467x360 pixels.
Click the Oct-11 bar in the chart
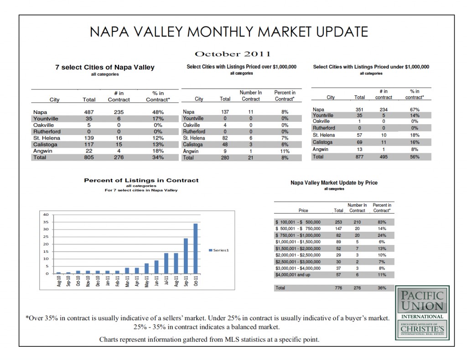coord(196,249)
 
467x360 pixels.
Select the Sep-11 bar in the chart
coord(186,256)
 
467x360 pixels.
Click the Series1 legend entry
coord(220,250)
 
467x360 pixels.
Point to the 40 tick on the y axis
coord(45,214)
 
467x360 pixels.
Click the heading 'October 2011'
coord(233,55)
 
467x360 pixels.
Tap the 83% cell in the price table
coord(382,222)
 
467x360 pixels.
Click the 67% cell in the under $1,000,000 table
coord(415,110)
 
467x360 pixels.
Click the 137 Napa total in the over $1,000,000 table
coord(225,112)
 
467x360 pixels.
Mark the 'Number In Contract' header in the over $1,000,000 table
coord(250,96)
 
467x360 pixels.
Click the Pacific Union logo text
coord(422,301)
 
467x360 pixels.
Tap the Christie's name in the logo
coord(422,329)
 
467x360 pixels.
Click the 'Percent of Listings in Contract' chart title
coord(141,180)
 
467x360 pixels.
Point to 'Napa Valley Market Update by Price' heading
coord(334,183)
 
